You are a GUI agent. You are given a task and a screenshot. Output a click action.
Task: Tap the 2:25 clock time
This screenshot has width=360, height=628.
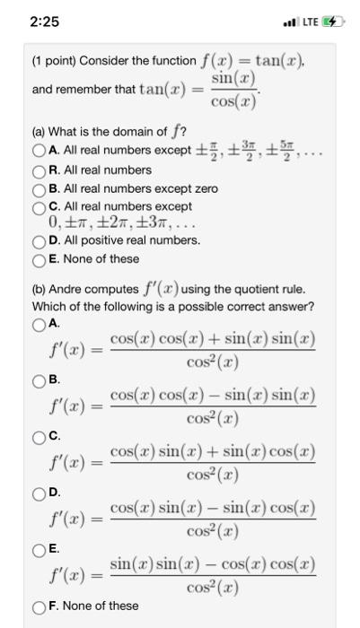30,21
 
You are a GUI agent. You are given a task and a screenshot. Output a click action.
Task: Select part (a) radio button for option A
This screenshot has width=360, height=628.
39,150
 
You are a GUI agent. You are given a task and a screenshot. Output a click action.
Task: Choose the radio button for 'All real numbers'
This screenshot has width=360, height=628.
39,170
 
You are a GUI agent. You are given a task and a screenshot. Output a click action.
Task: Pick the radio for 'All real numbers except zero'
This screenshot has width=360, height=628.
39,188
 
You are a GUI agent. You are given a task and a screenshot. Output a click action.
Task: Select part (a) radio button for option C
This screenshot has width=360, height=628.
39,207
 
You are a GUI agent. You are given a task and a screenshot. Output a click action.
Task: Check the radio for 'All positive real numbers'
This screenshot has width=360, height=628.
39,241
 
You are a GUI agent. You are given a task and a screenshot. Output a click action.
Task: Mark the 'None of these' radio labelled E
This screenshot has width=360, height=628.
39,259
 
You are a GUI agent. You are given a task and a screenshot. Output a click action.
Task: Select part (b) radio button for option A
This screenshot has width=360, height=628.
39,323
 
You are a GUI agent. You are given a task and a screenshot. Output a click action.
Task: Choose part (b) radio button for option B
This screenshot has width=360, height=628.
39,379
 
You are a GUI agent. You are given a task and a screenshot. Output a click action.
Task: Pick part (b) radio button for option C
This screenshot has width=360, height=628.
39,436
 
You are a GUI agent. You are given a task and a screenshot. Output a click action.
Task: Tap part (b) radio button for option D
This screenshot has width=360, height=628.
39,493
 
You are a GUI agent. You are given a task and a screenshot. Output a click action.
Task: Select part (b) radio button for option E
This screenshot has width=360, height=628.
39,549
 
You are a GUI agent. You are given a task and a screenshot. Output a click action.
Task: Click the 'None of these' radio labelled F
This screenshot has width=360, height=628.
39,606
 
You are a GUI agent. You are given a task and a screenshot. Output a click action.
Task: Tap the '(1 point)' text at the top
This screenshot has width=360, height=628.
55,61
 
